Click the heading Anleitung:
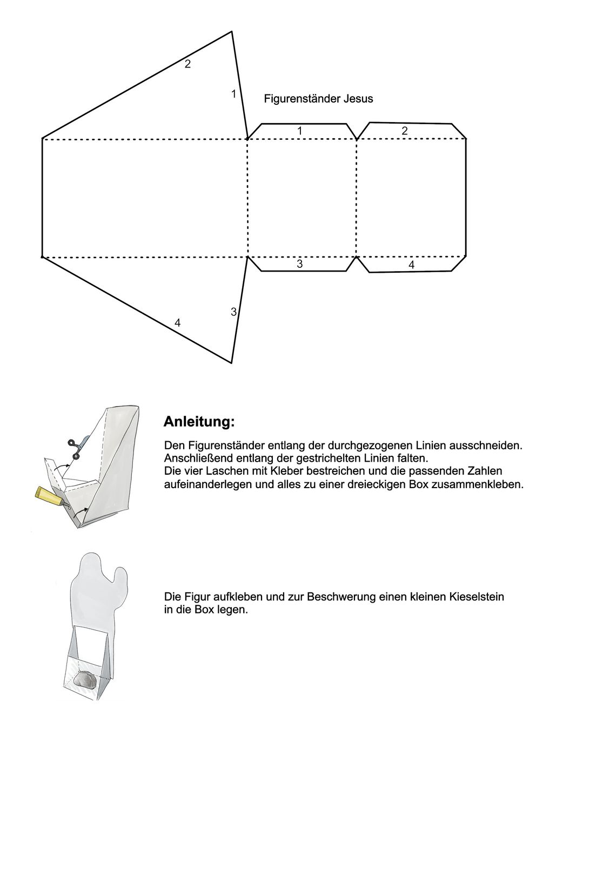199,422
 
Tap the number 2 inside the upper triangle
188,64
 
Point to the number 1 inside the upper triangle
233,94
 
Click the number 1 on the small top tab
300,131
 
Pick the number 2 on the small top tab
405,131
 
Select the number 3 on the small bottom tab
299,264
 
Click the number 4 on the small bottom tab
411,265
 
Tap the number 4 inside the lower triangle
177,323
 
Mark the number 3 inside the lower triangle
233,312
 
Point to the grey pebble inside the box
85,680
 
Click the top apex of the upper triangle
232,32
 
